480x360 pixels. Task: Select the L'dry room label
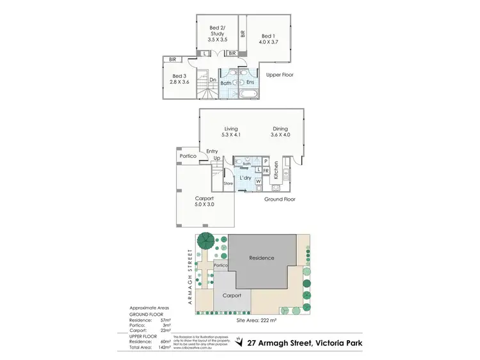[244, 178]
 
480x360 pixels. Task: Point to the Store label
[228, 184]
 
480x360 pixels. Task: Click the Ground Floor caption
[280, 199]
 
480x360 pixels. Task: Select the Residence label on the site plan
[262, 258]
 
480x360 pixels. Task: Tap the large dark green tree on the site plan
[205, 242]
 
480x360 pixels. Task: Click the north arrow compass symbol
[239, 343]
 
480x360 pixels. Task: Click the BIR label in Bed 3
[172, 59]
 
